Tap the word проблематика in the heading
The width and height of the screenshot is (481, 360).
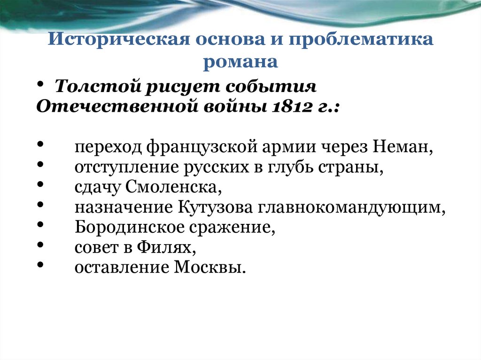(x=361, y=39)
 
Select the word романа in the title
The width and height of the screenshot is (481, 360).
(x=240, y=61)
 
